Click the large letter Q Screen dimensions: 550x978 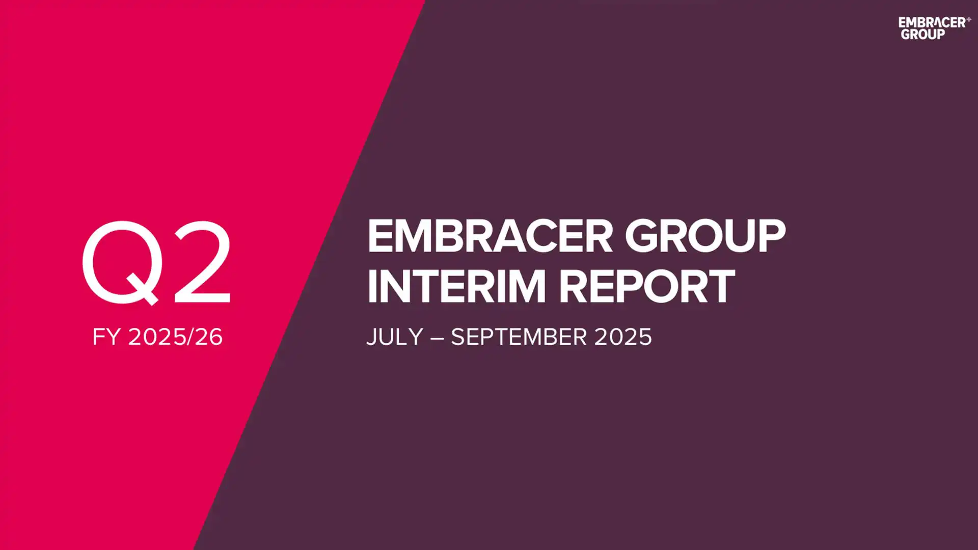pyautogui.click(x=122, y=262)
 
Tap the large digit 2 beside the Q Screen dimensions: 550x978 pyautogui.click(x=203, y=263)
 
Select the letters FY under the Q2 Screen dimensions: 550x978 pyautogui.click(x=106, y=337)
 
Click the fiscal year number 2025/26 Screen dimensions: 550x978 pyautogui.click(x=175, y=337)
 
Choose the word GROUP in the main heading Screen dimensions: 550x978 pyautogui.click(x=705, y=236)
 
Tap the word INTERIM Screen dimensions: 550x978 pyautogui.click(x=456, y=287)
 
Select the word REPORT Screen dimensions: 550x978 pyautogui.click(x=647, y=287)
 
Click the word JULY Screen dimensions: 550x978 pyautogui.click(x=395, y=337)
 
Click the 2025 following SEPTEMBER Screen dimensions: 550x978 pyautogui.click(x=623, y=337)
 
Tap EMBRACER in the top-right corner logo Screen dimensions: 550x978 pyautogui.click(x=932, y=22)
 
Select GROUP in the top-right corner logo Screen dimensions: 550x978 pyautogui.click(x=922, y=34)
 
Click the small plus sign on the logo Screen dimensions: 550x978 pyautogui.click(x=968, y=19)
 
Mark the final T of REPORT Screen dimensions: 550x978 pyautogui.click(x=720, y=287)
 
